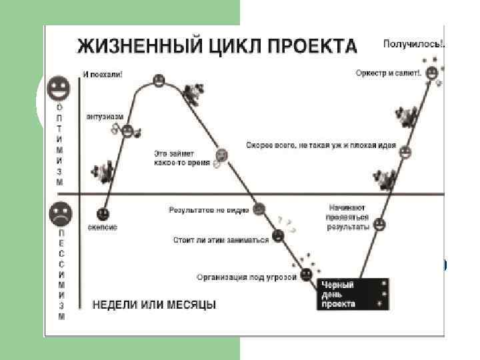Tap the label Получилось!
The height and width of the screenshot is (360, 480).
tap(414, 44)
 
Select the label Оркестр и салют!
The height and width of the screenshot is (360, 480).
tap(389, 71)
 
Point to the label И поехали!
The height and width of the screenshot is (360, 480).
tap(103, 75)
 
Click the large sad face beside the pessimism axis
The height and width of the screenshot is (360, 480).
tap(60, 214)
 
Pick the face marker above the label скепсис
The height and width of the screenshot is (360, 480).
tap(103, 214)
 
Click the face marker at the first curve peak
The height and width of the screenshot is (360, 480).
tap(159, 81)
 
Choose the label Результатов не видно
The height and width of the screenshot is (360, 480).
tap(209, 211)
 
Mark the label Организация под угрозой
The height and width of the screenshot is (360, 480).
tap(247, 276)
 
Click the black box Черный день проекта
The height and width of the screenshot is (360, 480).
tap(353, 294)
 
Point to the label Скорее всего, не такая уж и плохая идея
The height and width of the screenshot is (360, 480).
tap(321, 145)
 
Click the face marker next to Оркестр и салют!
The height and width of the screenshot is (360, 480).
tap(432, 72)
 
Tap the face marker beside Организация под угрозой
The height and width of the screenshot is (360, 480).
tap(306, 273)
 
